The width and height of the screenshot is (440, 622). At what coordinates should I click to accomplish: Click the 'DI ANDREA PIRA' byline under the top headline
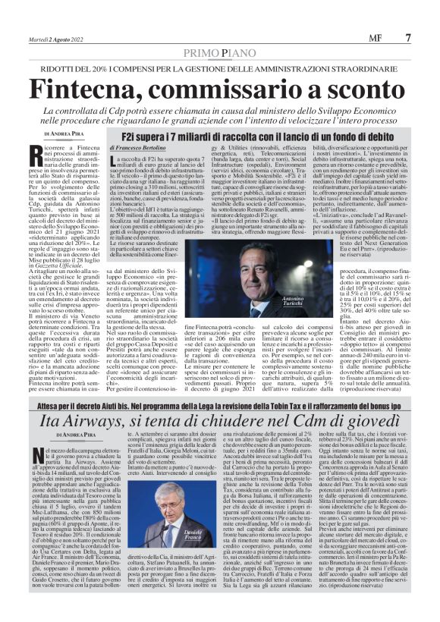click(71, 136)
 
